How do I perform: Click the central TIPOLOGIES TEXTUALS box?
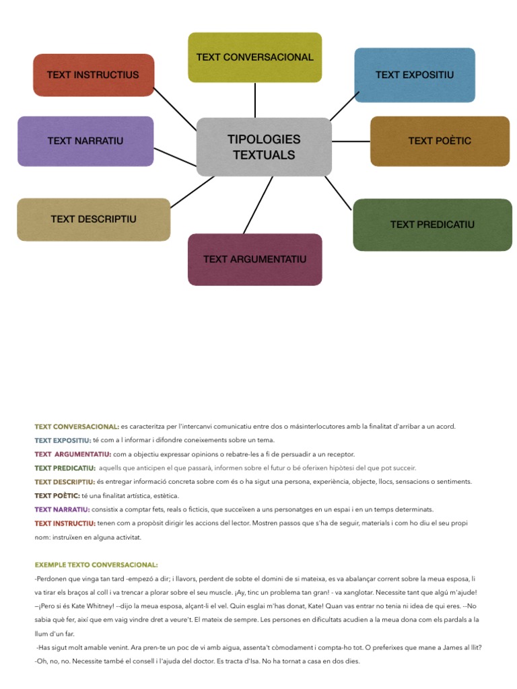click(264, 147)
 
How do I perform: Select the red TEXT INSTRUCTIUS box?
click(94, 75)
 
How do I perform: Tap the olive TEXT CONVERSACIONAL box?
click(254, 57)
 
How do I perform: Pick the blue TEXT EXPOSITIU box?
click(415, 75)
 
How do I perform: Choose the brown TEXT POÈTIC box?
click(440, 141)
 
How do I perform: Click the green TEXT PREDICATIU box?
click(432, 225)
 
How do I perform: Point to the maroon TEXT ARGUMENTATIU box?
click(254, 259)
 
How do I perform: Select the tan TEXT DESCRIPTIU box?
click(94, 219)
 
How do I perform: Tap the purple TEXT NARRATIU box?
click(85, 141)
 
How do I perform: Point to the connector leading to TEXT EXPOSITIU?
click(344, 106)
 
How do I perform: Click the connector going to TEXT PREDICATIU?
click(338, 193)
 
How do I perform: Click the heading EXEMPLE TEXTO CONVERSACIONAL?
click(96, 565)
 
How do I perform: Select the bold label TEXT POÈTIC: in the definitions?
click(57, 495)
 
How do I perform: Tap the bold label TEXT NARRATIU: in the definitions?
click(62, 509)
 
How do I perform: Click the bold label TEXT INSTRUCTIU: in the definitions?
click(65, 523)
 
